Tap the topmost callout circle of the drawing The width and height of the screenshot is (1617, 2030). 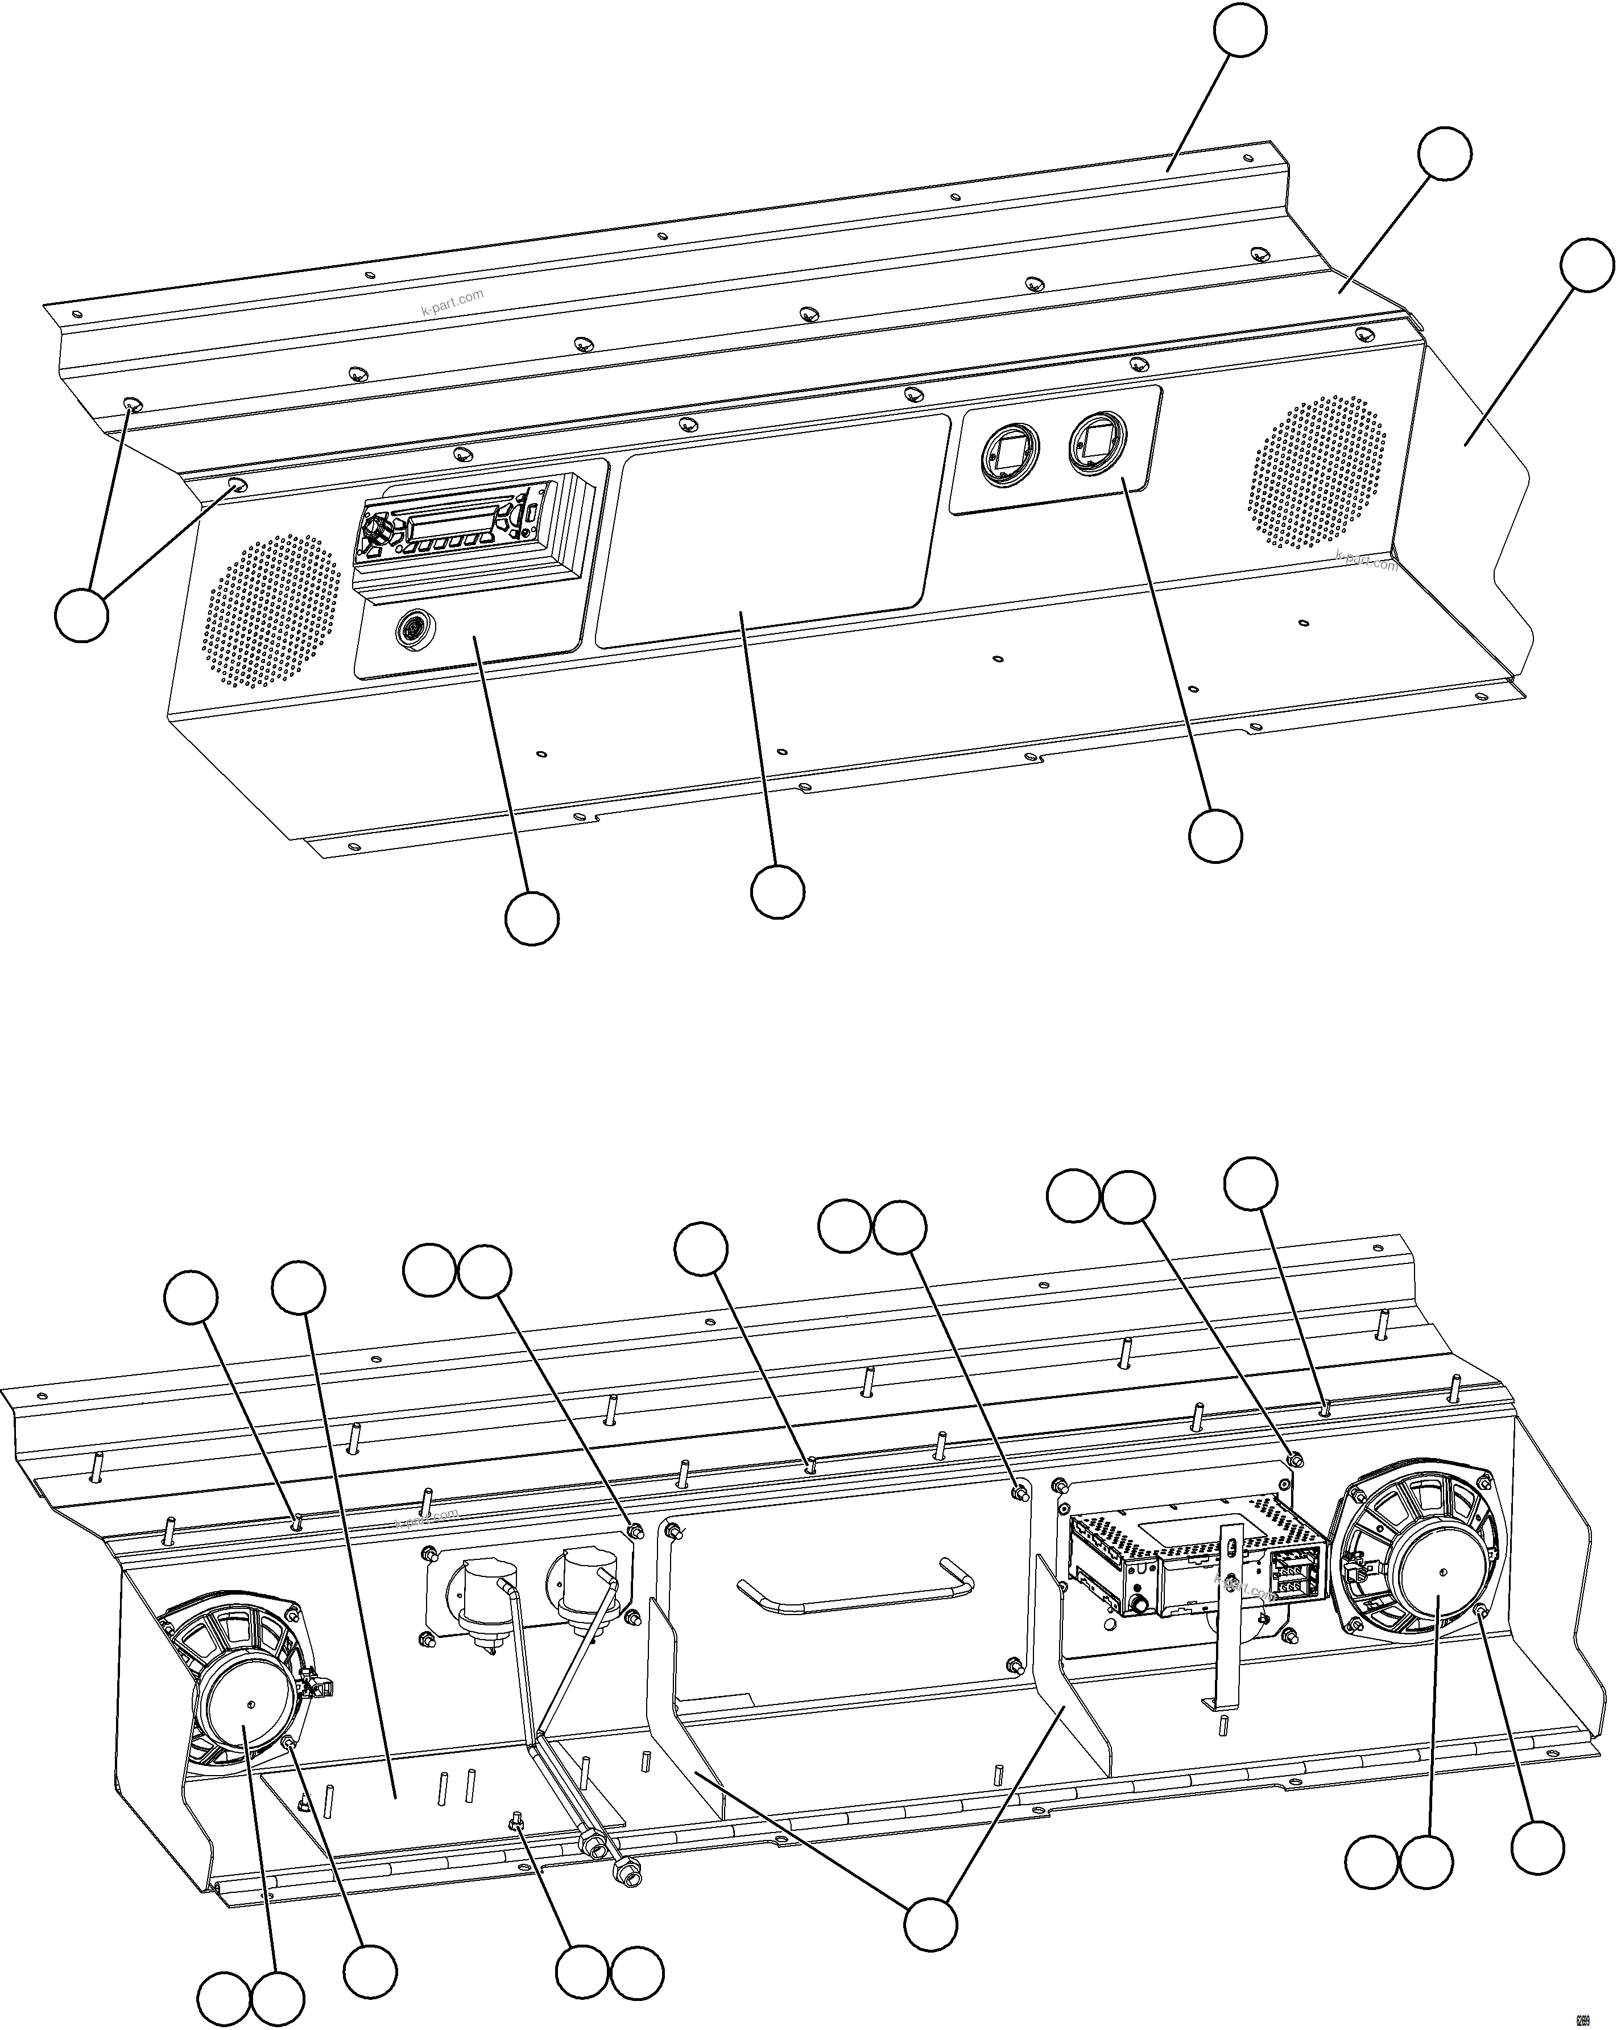(x=1239, y=30)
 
